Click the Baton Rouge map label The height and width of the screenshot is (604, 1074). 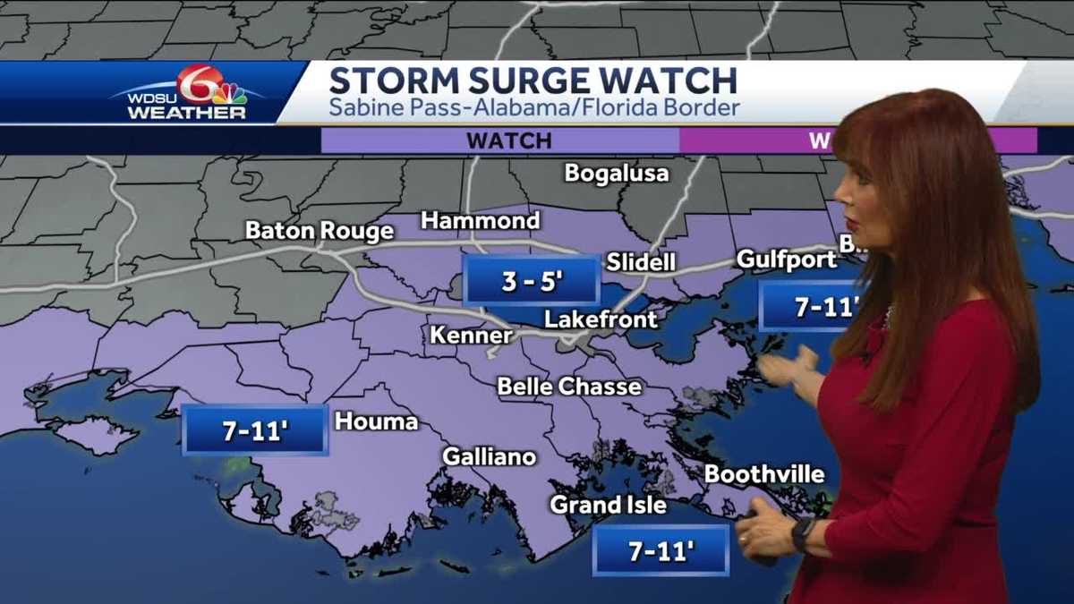pos(320,231)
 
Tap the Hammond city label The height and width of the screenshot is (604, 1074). pos(481,220)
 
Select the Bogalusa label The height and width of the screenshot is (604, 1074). pos(617,173)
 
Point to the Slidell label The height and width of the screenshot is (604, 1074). pos(641,262)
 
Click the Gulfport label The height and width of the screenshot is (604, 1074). pos(787,259)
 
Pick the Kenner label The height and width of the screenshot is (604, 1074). pos(472,336)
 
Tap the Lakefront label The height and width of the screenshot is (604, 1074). pos(601,319)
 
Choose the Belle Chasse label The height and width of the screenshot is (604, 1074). pos(569,387)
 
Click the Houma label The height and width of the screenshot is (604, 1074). pos(377,421)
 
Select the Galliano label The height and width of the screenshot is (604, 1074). pos(490,456)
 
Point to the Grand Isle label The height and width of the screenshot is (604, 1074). pos(609,505)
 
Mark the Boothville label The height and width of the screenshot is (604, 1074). pos(764,474)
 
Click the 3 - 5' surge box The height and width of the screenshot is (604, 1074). pos(532,281)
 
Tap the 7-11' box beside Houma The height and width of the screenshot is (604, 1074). pos(255,430)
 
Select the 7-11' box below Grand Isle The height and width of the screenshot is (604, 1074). pos(661,551)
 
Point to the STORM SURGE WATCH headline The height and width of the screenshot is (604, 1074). pos(533,81)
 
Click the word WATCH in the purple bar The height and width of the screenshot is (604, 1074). pos(508,140)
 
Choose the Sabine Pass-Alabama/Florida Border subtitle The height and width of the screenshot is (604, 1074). pos(534,109)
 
